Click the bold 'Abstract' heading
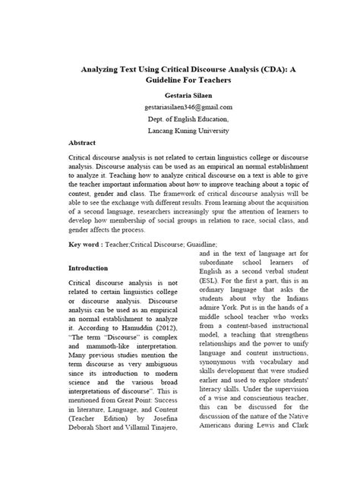coord(82,142)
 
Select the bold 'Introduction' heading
coord(89,267)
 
